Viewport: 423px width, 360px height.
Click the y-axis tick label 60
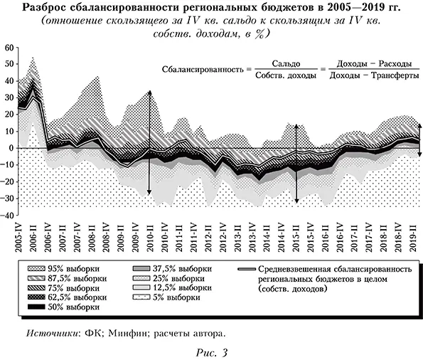pyautogui.click(x=9, y=48)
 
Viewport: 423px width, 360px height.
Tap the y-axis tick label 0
pyautogui.click(x=11, y=148)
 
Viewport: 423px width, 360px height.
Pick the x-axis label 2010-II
pyautogui.click(x=150, y=235)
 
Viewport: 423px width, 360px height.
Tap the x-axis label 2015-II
pyautogui.click(x=295, y=235)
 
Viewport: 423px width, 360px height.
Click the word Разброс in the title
pyautogui.click(x=48, y=8)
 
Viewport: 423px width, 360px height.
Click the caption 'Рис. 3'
pyautogui.click(x=211, y=351)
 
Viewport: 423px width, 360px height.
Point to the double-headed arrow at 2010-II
pyautogui.click(x=149, y=142)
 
